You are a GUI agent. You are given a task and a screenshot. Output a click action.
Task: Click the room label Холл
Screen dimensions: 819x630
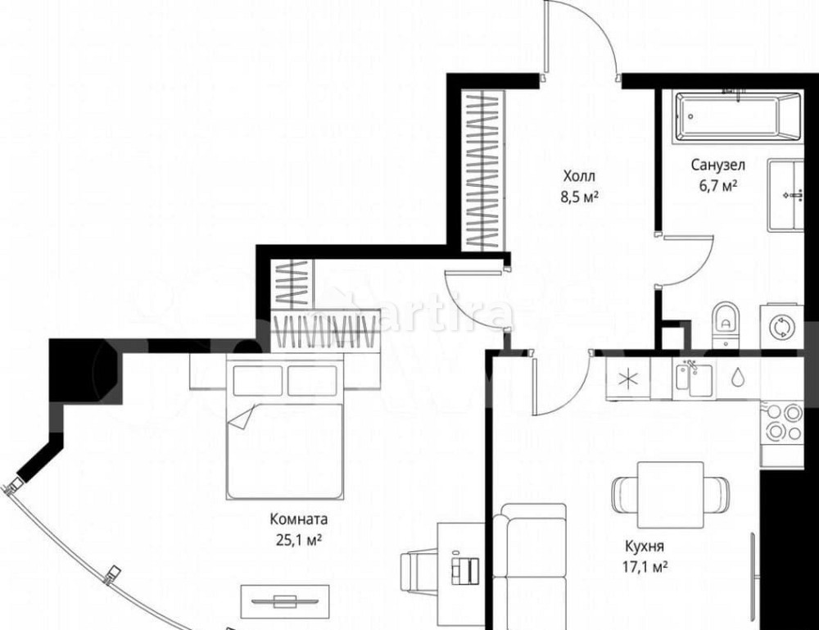pyautogui.click(x=579, y=175)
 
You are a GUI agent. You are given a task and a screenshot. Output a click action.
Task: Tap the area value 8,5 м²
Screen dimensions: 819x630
pyautogui.click(x=579, y=197)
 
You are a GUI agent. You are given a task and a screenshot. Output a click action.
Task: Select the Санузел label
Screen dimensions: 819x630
pyautogui.click(x=718, y=165)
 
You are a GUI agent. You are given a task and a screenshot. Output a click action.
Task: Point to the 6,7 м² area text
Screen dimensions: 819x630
pyautogui.click(x=718, y=185)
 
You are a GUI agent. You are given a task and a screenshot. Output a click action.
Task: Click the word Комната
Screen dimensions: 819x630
pyautogui.click(x=299, y=519)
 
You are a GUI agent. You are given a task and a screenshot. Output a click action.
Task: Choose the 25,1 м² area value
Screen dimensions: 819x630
pyautogui.click(x=299, y=540)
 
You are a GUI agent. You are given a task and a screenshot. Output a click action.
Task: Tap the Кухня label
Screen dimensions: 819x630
pyautogui.click(x=645, y=546)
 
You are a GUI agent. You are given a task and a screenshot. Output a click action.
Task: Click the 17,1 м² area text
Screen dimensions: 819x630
pyautogui.click(x=645, y=567)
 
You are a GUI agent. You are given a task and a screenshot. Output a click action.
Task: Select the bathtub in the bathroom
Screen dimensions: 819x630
pyautogui.click(x=739, y=116)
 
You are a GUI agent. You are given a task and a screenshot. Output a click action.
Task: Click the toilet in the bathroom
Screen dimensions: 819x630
pyautogui.click(x=726, y=324)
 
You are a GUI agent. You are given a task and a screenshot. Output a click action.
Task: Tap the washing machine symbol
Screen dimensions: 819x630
pyautogui.click(x=782, y=326)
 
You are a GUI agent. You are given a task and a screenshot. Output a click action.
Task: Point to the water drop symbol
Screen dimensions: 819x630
pyautogui.click(x=737, y=377)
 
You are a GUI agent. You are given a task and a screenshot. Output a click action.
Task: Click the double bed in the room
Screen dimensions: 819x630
pyautogui.click(x=285, y=428)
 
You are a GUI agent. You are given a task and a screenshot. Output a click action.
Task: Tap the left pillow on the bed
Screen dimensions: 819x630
pyautogui.click(x=257, y=381)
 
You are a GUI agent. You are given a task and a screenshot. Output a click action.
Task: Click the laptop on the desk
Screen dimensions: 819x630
pyautogui.click(x=465, y=568)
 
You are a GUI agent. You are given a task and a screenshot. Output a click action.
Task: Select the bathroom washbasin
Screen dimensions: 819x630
pyautogui.click(x=785, y=195)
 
